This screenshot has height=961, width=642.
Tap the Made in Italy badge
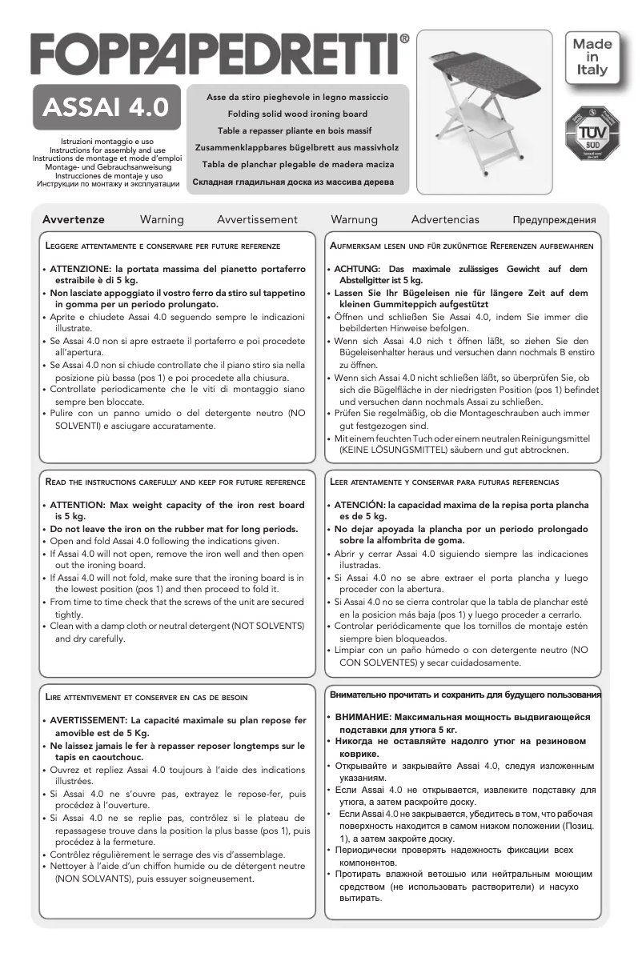point(592,56)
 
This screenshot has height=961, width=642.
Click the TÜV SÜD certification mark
point(594,133)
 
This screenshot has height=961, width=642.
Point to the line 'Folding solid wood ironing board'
point(297,113)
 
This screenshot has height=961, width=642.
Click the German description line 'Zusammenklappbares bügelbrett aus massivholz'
point(297,147)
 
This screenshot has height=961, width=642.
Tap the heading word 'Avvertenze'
point(73,219)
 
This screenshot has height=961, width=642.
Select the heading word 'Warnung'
point(355,219)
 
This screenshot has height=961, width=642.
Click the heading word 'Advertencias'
point(445,219)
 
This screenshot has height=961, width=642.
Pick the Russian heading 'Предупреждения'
point(555,220)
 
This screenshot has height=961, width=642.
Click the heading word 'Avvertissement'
point(257,219)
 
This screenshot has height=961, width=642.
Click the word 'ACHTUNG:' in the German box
point(357,270)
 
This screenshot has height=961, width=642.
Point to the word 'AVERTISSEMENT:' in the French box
point(90,721)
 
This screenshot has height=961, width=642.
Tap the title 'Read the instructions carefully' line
point(174,483)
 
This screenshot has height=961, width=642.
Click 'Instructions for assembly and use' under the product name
point(107,150)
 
